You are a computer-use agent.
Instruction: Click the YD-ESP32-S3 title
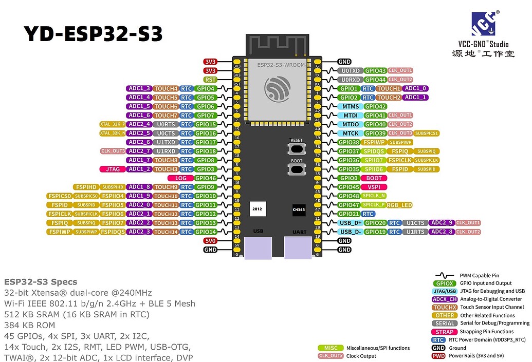(x=93, y=34)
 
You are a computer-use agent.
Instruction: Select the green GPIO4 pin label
(x=206, y=88)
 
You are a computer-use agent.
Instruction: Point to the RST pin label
(x=210, y=80)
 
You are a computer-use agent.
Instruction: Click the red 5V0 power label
(x=210, y=240)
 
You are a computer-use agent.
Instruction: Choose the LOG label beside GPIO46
(x=180, y=178)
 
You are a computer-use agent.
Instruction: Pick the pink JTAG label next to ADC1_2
(x=113, y=169)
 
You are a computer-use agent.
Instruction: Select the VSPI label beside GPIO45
(x=374, y=187)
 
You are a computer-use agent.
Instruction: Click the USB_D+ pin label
(x=351, y=223)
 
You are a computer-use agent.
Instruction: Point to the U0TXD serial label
(x=351, y=70)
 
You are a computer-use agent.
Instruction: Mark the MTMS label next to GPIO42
(x=351, y=106)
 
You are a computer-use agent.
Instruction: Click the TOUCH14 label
(x=166, y=232)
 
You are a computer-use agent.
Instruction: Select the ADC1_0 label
(x=415, y=88)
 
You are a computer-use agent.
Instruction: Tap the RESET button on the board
(x=297, y=148)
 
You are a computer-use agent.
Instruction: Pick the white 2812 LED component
(x=256, y=209)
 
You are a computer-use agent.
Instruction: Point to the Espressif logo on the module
(x=278, y=90)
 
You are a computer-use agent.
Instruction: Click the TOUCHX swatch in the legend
(x=444, y=307)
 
